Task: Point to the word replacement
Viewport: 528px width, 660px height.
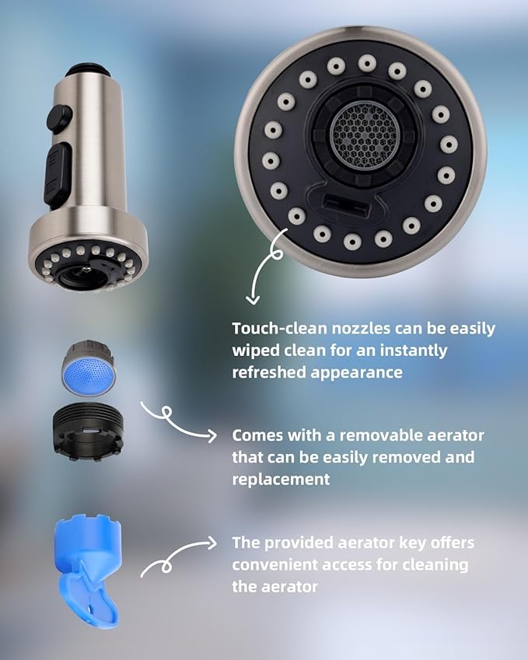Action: tap(279, 479)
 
